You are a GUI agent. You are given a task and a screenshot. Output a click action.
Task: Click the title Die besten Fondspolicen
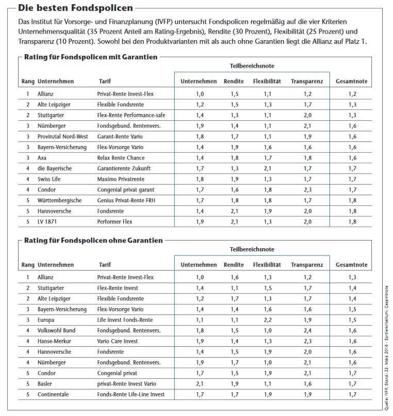click(x=75, y=8)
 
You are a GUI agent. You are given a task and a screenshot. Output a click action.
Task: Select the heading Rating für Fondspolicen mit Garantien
click(x=91, y=57)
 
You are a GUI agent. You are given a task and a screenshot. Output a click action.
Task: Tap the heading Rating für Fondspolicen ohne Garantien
click(x=93, y=241)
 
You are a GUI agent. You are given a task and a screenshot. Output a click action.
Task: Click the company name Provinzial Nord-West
click(x=63, y=136)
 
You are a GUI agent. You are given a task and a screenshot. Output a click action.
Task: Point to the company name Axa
click(x=42, y=158)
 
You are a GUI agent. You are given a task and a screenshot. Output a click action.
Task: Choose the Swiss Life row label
click(x=50, y=179)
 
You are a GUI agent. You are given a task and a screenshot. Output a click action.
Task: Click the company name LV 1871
click(x=47, y=221)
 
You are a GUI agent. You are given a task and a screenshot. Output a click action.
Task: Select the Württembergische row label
click(x=59, y=200)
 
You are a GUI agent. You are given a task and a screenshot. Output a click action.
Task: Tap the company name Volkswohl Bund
click(x=56, y=330)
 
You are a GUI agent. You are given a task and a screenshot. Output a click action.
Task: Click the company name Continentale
click(x=54, y=394)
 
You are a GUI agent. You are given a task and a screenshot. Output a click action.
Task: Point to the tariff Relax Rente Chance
click(x=121, y=158)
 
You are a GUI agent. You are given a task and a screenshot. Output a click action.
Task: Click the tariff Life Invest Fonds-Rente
click(x=125, y=320)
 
